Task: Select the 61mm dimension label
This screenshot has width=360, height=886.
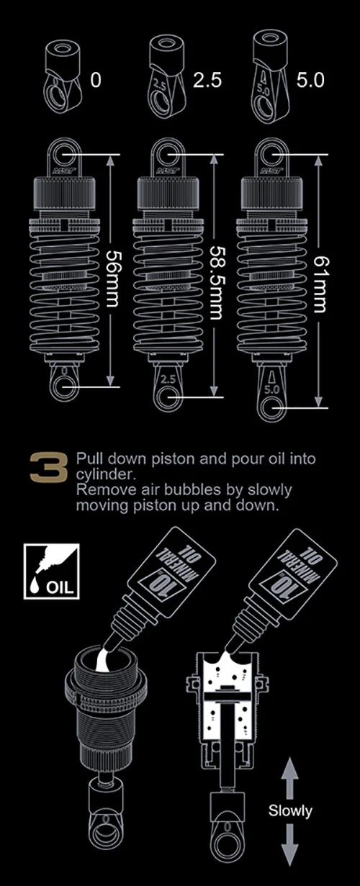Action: pyautogui.click(x=321, y=284)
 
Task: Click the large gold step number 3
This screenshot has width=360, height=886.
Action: pyautogui.click(x=48, y=467)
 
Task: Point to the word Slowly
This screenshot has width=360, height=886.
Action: pyautogui.click(x=290, y=810)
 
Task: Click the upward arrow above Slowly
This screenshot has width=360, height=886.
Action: pyautogui.click(x=289, y=778)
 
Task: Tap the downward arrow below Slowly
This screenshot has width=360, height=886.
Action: pyautogui.click(x=289, y=844)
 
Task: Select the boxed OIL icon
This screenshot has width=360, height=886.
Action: pyautogui.click(x=51, y=571)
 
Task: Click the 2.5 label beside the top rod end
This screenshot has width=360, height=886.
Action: pyautogui.click(x=207, y=81)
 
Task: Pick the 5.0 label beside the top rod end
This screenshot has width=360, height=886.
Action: pyautogui.click(x=310, y=81)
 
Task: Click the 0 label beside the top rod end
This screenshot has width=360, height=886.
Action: pyautogui.click(x=96, y=80)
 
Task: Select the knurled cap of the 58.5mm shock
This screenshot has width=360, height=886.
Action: pyautogui.click(x=168, y=194)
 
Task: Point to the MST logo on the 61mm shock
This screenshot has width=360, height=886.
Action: pyautogui.click(x=272, y=171)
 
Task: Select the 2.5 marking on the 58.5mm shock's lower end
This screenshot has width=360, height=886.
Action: pyautogui.click(x=168, y=379)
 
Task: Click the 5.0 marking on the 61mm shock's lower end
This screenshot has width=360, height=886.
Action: pyautogui.click(x=271, y=389)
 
